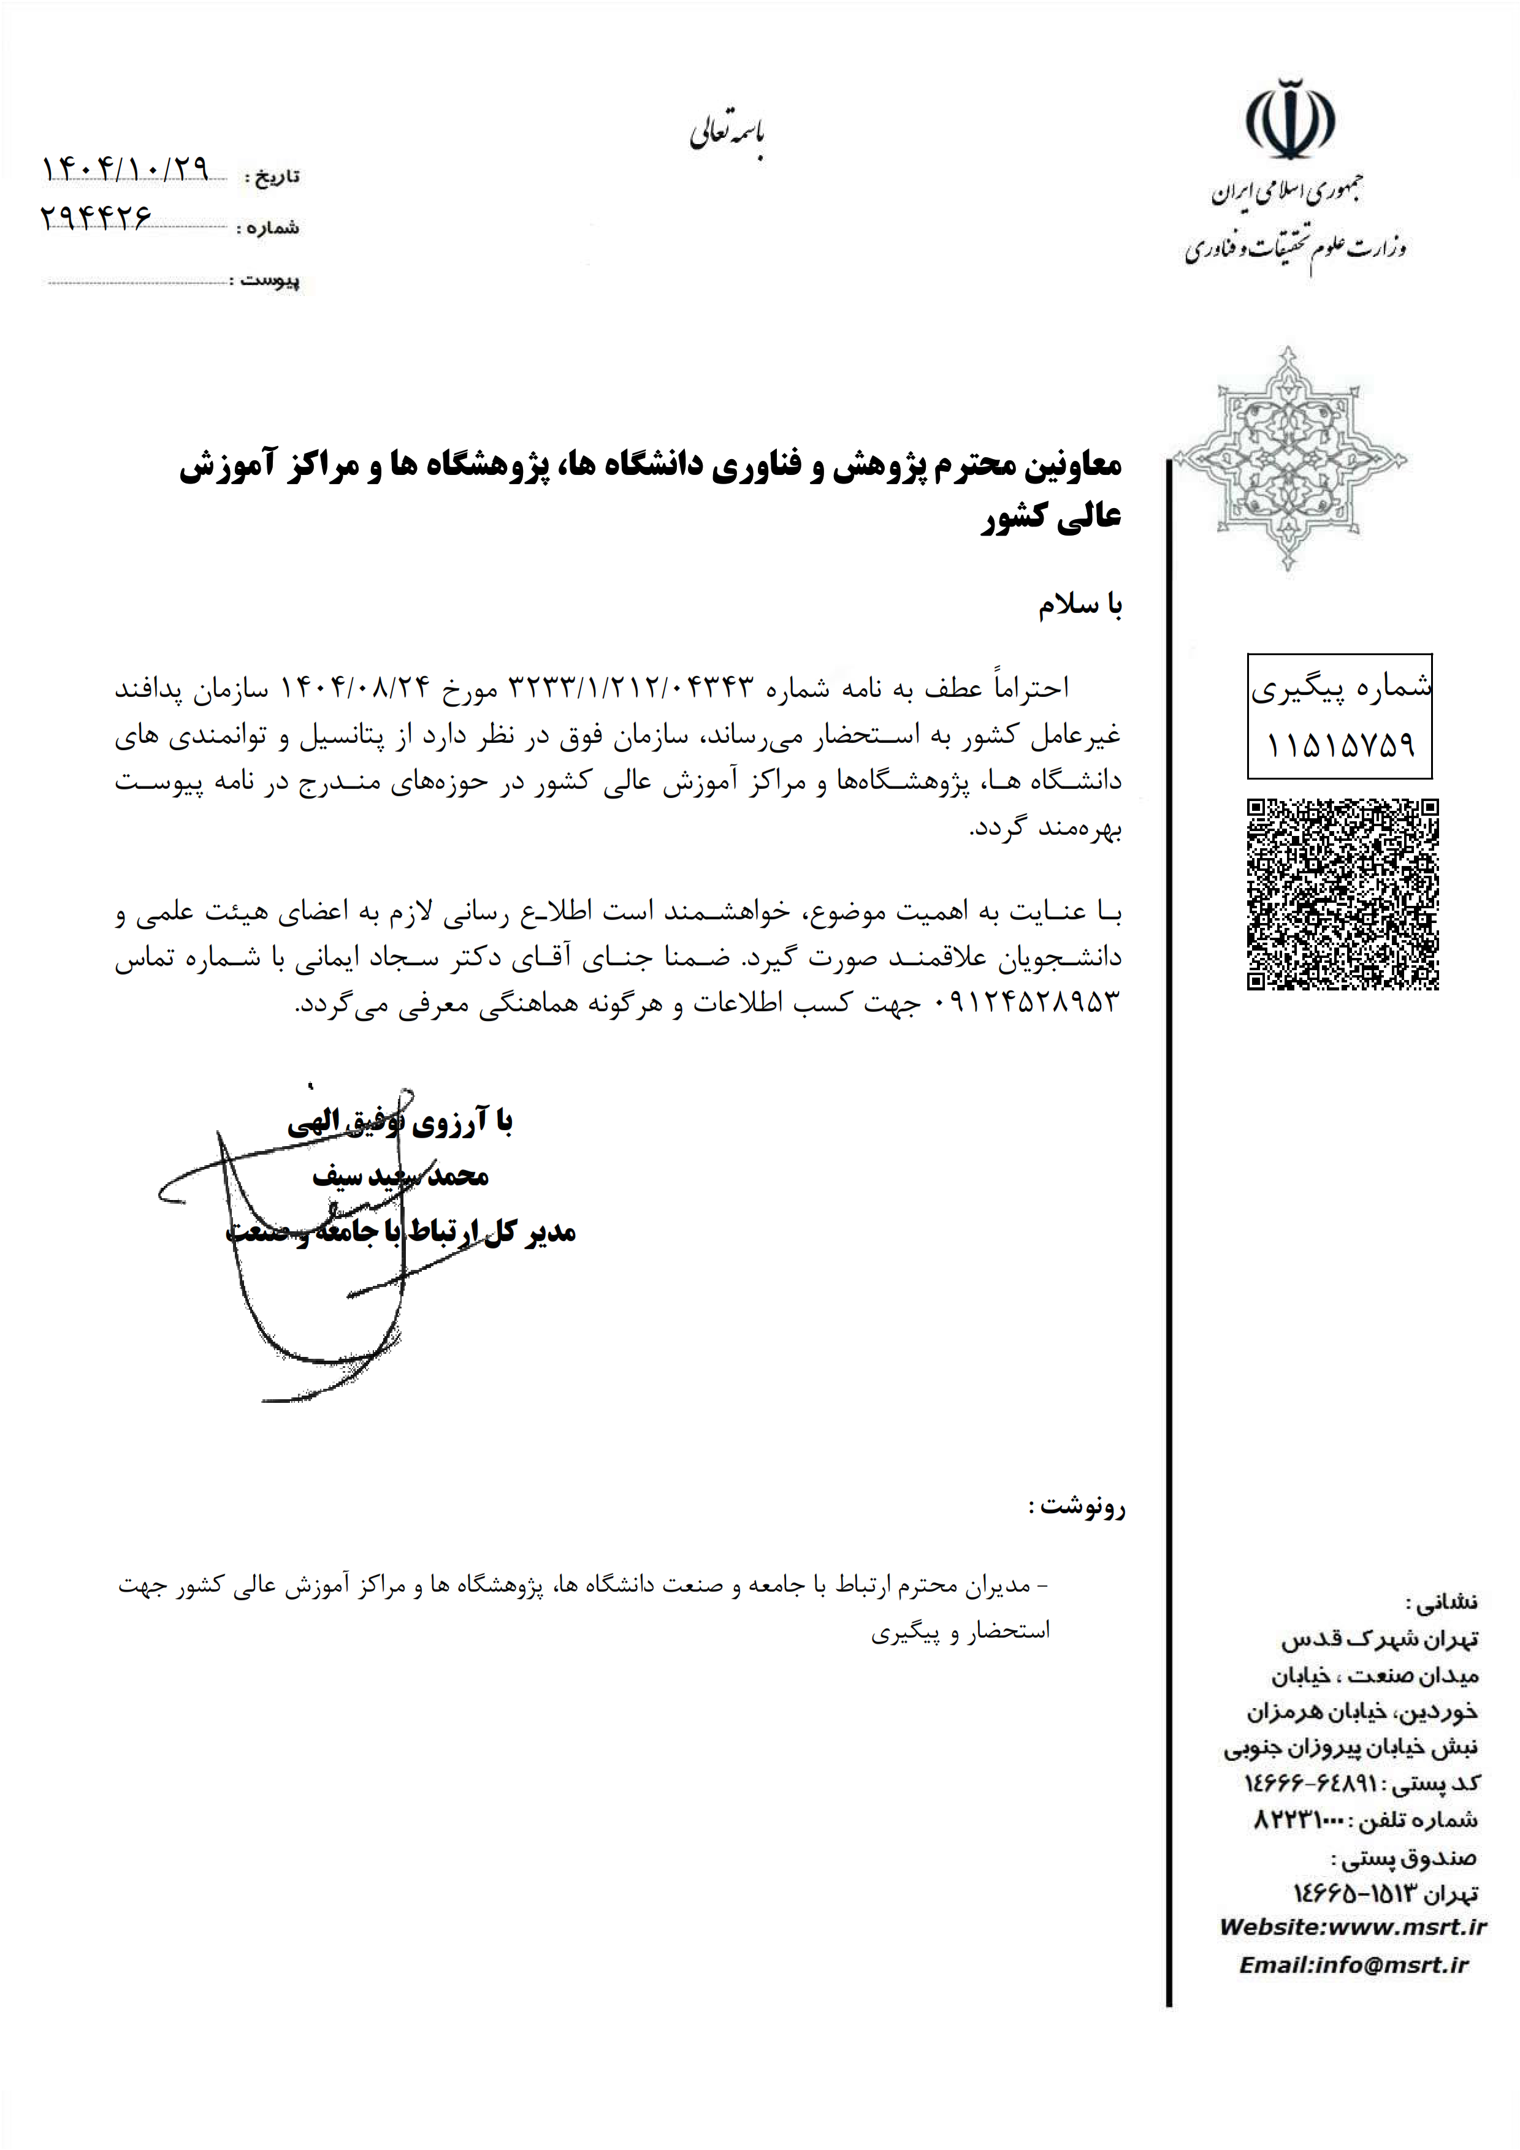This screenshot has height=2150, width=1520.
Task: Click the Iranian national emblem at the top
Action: point(1289,121)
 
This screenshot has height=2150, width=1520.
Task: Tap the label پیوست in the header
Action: point(270,279)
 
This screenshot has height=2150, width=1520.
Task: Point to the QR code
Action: point(1342,894)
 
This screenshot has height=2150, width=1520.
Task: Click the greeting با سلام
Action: point(1080,606)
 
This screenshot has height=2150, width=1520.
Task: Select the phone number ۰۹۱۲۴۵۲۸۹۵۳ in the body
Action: point(1028,1003)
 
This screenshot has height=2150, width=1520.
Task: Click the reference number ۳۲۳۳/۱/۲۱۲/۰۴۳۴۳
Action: point(630,688)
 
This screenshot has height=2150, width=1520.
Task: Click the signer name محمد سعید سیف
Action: point(401,1176)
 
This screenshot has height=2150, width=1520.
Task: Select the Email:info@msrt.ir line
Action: point(1353,1964)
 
